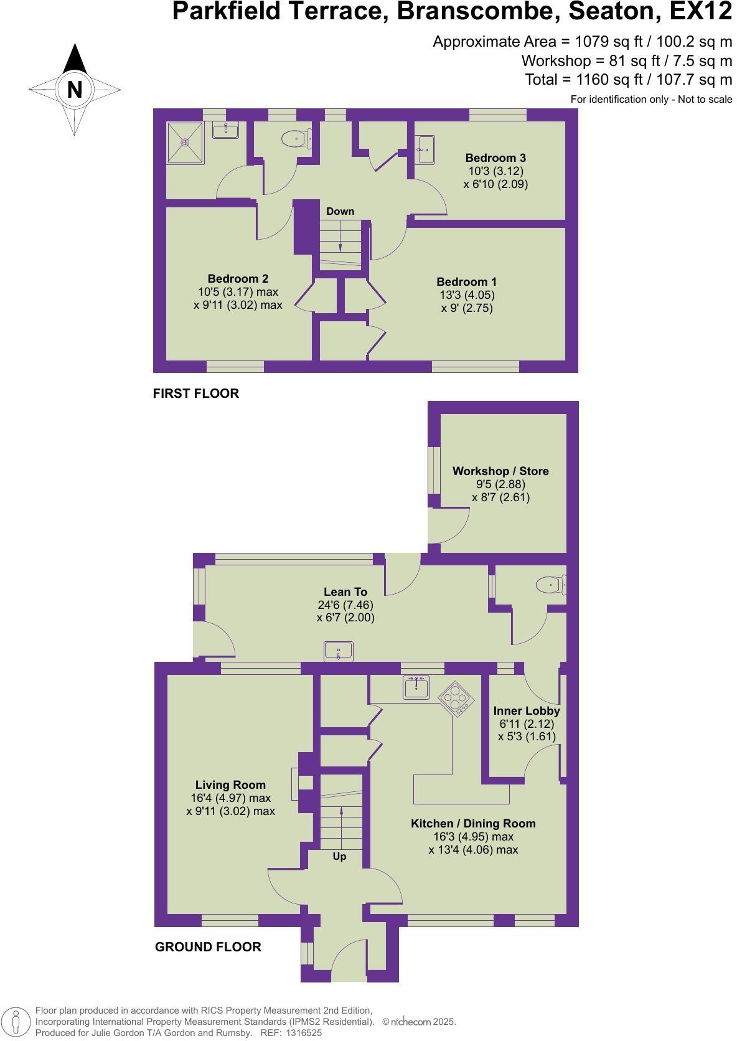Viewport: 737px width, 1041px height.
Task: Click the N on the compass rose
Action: [75, 90]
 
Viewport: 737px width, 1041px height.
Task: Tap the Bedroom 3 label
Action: [495, 158]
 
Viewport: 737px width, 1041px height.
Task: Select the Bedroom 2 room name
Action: [238, 279]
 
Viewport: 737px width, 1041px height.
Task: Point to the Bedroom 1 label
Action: [466, 282]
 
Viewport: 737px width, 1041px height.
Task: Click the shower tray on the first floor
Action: [185, 143]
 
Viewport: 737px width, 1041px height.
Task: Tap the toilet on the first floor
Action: [296, 138]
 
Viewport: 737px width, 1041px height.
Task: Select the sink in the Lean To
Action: [338, 651]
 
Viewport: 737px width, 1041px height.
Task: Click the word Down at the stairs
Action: [340, 212]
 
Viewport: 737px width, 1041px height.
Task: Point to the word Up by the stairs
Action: [339, 857]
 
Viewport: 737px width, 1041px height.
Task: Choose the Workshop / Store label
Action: [500, 471]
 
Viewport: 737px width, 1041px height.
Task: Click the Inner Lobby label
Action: [527, 711]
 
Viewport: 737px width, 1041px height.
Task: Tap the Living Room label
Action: [230, 785]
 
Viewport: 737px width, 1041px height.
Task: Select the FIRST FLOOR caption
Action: [196, 393]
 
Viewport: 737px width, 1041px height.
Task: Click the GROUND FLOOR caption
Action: [208, 947]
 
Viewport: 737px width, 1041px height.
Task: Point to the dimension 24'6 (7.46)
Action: [345, 605]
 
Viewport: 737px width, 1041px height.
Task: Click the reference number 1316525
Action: [304, 1033]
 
